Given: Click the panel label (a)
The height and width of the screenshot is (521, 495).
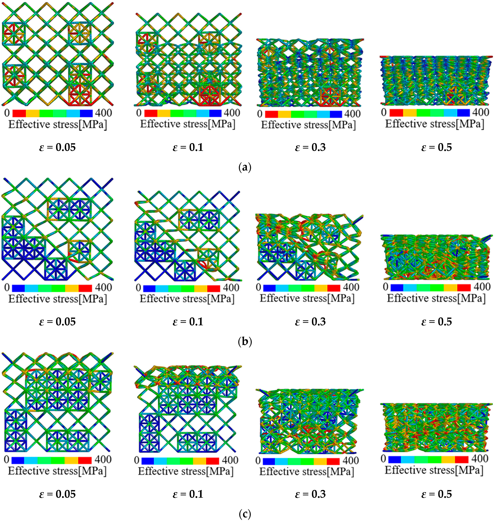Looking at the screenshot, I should (x=245, y=167).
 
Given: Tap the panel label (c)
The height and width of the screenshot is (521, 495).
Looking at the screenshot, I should (x=245, y=514).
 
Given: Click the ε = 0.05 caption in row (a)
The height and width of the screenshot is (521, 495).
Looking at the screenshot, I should (x=57, y=147).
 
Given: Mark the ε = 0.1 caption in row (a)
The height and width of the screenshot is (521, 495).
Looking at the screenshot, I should (x=188, y=147).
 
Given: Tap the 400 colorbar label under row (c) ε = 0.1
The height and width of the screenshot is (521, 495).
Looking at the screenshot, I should (x=230, y=460).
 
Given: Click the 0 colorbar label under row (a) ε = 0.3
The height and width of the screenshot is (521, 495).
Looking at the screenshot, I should (x=260, y=114).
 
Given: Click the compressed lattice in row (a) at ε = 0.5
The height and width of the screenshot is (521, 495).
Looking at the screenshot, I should (x=436, y=80).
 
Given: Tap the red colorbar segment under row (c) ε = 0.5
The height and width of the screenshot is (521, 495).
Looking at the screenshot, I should (x=462, y=460).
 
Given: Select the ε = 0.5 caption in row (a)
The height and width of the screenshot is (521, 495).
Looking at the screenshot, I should (x=436, y=147).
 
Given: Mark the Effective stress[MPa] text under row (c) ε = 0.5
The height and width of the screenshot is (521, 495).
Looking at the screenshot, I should (x=434, y=470).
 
